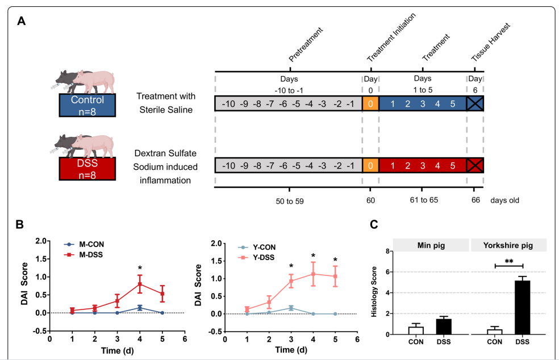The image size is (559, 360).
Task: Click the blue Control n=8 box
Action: click(x=87, y=105)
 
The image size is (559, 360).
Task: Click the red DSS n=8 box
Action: click(x=87, y=168)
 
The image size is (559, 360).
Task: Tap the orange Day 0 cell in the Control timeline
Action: click(x=370, y=103)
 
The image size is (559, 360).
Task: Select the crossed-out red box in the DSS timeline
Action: click(x=475, y=166)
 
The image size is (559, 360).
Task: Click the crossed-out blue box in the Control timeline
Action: click(x=475, y=103)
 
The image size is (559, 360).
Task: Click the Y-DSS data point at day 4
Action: click(x=312, y=274)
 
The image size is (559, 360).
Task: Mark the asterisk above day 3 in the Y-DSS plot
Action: click(x=290, y=266)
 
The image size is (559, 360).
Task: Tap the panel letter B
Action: click(x=19, y=224)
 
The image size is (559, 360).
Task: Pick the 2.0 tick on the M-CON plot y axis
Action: click(x=41, y=241)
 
